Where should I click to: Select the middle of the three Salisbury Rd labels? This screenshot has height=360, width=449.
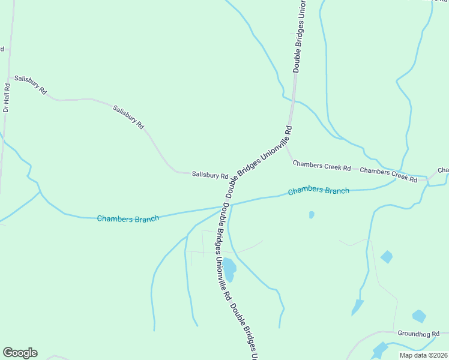(x=128, y=116)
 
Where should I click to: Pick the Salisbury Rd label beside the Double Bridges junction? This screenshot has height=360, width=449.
(x=210, y=175)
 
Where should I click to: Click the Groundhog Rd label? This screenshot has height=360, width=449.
(x=418, y=333)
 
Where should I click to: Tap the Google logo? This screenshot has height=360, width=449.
(x=20, y=353)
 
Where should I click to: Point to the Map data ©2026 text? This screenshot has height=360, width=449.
(x=423, y=355)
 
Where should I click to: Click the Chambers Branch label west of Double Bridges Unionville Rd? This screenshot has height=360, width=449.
(x=128, y=218)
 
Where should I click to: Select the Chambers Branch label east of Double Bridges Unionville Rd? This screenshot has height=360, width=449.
(x=318, y=191)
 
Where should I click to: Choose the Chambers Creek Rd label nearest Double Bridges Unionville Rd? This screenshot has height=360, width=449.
(x=321, y=166)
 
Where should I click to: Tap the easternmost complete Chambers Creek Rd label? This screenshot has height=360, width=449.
(x=388, y=174)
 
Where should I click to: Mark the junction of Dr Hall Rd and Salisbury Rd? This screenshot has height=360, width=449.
(x=10, y=77)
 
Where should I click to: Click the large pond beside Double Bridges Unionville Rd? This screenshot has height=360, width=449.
(x=229, y=269)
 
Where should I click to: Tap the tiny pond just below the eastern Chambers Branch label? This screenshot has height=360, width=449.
(x=311, y=214)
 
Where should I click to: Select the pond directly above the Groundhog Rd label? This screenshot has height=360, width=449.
(x=419, y=316)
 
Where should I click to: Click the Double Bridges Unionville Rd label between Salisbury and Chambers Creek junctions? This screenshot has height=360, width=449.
(x=259, y=162)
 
